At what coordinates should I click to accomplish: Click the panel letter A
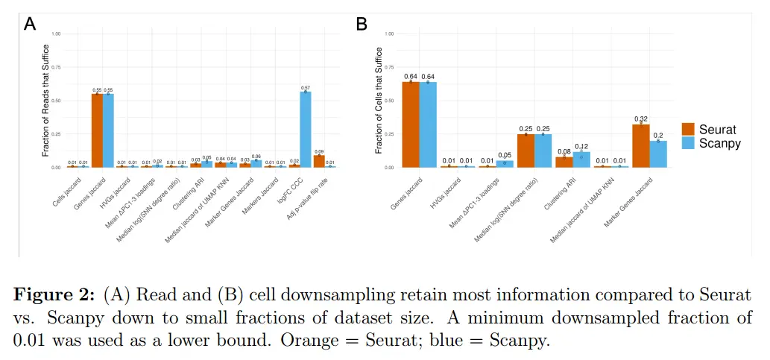click(30, 24)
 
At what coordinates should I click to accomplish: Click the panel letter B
click(362, 24)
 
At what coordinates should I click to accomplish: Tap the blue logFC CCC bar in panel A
click(306, 130)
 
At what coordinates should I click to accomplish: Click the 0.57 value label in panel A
click(306, 88)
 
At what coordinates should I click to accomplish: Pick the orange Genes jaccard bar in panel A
click(97, 130)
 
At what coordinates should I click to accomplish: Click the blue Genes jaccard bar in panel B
click(429, 124)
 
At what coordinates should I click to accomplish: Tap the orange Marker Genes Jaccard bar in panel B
click(640, 146)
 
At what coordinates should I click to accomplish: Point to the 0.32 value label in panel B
click(640, 119)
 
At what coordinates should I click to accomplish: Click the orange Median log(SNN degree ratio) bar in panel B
click(526, 151)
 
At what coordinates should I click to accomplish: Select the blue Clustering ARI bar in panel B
click(582, 160)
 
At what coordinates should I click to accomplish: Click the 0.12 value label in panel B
click(582, 147)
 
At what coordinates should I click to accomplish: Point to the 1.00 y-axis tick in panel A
click(57, 34)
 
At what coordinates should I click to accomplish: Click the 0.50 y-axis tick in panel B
click(388, 101)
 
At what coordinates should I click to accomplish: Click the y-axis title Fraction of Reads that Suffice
click(45, 101)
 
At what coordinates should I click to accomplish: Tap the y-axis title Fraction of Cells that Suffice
click(378, 101)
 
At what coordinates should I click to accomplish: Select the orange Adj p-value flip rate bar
click(318, 161)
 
